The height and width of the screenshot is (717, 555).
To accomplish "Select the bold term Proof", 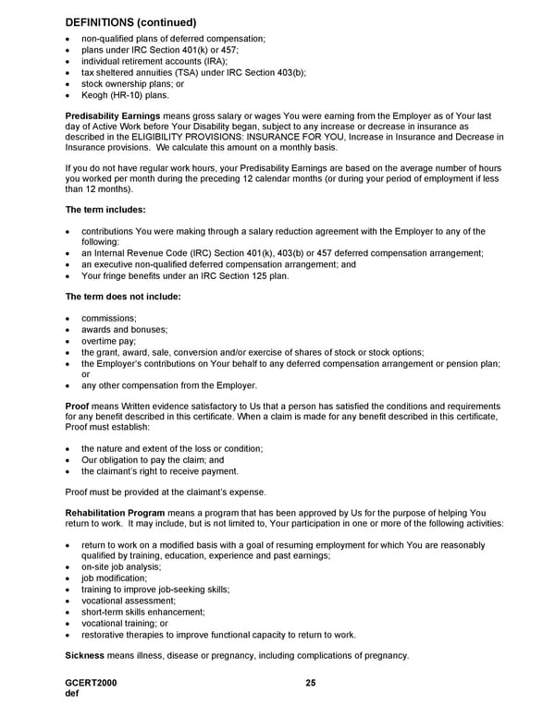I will tap(77, 407).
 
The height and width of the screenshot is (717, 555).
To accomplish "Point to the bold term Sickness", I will tap(85, 655).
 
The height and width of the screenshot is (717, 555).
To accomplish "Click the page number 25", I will tap(311, 682).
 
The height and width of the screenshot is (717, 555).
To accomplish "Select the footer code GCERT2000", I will tap(91, 682).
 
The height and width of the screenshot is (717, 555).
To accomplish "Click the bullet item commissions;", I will tap(108, 318).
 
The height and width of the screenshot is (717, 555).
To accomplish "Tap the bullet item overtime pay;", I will tap(110, 341).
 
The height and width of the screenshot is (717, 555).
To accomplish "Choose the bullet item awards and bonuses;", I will tap(124, 330).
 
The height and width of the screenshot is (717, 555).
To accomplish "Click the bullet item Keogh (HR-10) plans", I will tap(125, 94).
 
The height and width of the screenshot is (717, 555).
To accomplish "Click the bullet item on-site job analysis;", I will tap(121, 566).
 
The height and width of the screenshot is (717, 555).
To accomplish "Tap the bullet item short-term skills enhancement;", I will tap(142, 612).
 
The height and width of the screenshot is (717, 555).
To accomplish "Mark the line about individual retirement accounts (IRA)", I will tap(154, 60).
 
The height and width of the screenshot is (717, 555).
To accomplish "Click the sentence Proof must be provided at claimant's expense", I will tap(165, 492).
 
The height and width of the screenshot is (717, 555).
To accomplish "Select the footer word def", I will tap(72, 693).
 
